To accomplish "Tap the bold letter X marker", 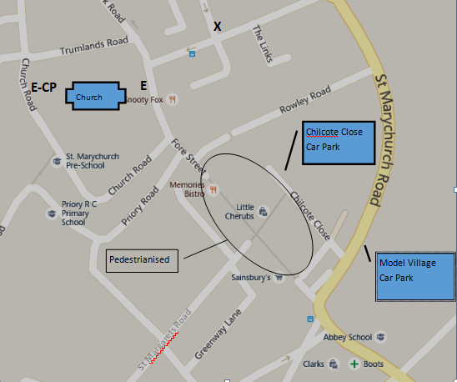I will pos(218,27).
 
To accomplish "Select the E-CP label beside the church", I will pos(43,87).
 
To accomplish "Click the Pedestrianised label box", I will pos(143,260).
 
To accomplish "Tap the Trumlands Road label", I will pos(93,49).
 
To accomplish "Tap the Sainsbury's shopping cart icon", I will pos(279,278).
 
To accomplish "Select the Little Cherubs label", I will pos(245,212).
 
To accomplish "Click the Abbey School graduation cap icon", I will pos(380,337).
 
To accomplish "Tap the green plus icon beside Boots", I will pos(354,364).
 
